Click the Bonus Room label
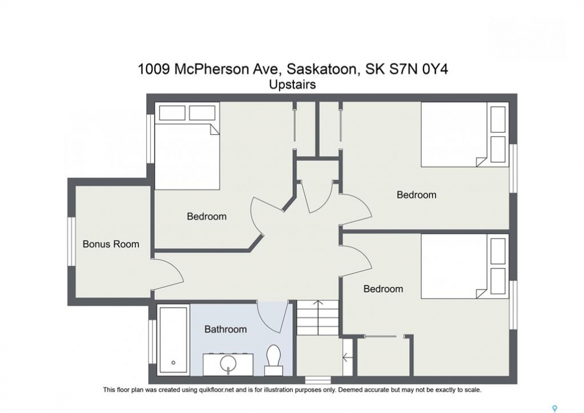[x=111, y=244]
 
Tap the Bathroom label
[x=225, y=329]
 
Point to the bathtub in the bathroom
[x=173, y=340]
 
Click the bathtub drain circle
[x=173, y=363]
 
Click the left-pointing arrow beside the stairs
[x=347, y=358]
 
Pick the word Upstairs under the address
[x=292, y=85]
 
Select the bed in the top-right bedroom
[x=465, y=134]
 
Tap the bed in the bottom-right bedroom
[x=465, y=266]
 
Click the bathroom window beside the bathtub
[x=152, y=341]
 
